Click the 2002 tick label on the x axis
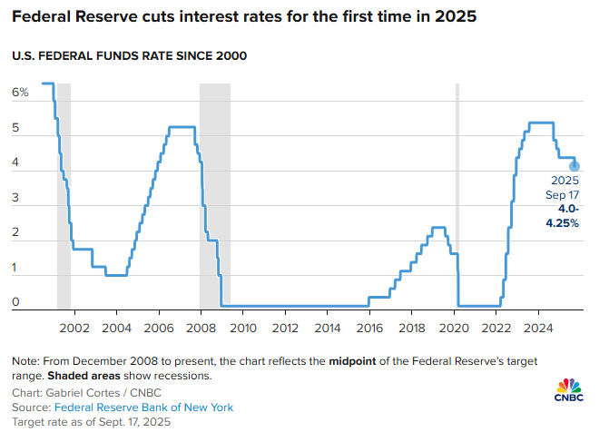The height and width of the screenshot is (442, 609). coord(74,327)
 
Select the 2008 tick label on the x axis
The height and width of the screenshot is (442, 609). coord(201,327)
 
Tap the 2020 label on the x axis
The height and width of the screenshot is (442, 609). coord(454,327)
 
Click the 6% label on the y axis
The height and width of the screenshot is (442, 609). coord(21,93)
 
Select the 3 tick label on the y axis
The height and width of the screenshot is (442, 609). coord(15,199)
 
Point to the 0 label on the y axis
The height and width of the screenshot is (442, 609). coord(15,303)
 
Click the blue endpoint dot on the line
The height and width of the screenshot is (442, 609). coord(575,166)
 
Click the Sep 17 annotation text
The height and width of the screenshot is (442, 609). coord(564,195)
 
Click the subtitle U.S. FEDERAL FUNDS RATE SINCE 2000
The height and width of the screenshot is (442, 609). coord(130,56)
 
